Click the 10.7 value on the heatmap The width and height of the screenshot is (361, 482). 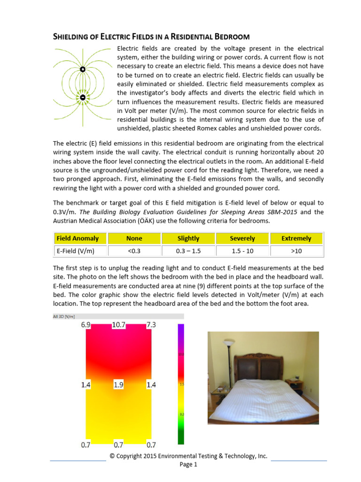118,325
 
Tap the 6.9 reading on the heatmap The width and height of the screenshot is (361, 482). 86,325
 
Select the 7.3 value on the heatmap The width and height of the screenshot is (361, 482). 151,325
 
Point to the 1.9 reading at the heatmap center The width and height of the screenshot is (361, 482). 118,385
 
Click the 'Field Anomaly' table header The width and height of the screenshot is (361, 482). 77,238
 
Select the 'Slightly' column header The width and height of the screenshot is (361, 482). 188,238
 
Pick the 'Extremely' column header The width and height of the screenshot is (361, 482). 296,238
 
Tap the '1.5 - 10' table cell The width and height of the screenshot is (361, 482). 243,251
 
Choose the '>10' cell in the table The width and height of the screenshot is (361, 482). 296,251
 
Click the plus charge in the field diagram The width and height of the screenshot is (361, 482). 83,69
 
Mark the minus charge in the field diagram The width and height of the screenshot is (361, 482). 83,97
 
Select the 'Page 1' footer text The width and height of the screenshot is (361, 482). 188,465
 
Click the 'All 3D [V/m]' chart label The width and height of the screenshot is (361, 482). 64,316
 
